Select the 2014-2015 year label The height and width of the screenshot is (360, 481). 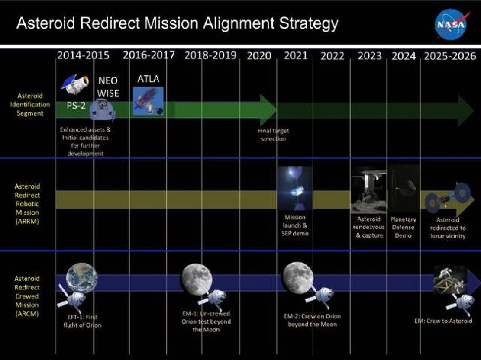click(84, 55)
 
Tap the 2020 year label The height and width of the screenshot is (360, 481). click(259, 56)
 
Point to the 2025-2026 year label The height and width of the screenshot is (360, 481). click(450, 56)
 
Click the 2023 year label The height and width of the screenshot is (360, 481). click(369, 56)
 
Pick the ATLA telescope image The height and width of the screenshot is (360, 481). click(148, 101)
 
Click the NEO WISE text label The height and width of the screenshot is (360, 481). click(108, 87)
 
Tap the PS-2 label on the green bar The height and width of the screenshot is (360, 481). click(76, 106)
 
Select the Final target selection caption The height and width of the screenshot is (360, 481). click(273, 135)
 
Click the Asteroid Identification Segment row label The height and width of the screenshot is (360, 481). click(30, 104)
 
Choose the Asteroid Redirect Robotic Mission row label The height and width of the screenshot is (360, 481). click(27, 204)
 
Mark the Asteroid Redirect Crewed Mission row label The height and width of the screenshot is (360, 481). click(27, 296)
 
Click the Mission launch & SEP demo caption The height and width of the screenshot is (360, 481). click(295, 225)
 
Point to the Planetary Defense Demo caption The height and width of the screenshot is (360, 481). click(403, 228)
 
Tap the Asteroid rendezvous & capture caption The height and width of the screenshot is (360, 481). click(369, 227)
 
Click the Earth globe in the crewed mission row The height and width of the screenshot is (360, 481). click(81, 279)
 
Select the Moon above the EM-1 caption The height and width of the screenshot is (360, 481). click(196, 280)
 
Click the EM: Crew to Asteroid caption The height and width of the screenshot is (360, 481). click(443, 321)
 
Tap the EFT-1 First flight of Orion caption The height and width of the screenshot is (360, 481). click(82, 321)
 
